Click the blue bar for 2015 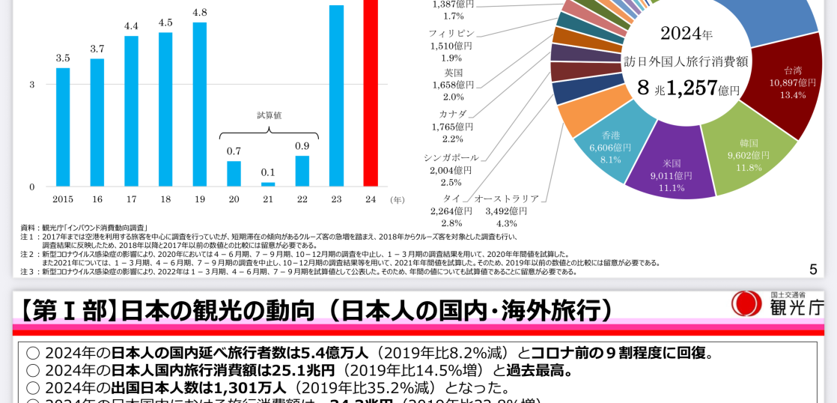coord(63,127)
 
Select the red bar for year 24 coord(371,93)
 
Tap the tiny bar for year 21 coord(268,184)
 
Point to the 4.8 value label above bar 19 coord(200,13)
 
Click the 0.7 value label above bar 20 coord(234,151)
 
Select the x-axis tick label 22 coord(302,199)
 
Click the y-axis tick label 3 coord(32,85)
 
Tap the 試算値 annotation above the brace coord(269,115)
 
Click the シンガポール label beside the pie coord(451,158)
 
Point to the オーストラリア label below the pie coord(506,199)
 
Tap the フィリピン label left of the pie coord(451,34)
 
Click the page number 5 coord(813,269)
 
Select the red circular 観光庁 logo coord(746,303)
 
